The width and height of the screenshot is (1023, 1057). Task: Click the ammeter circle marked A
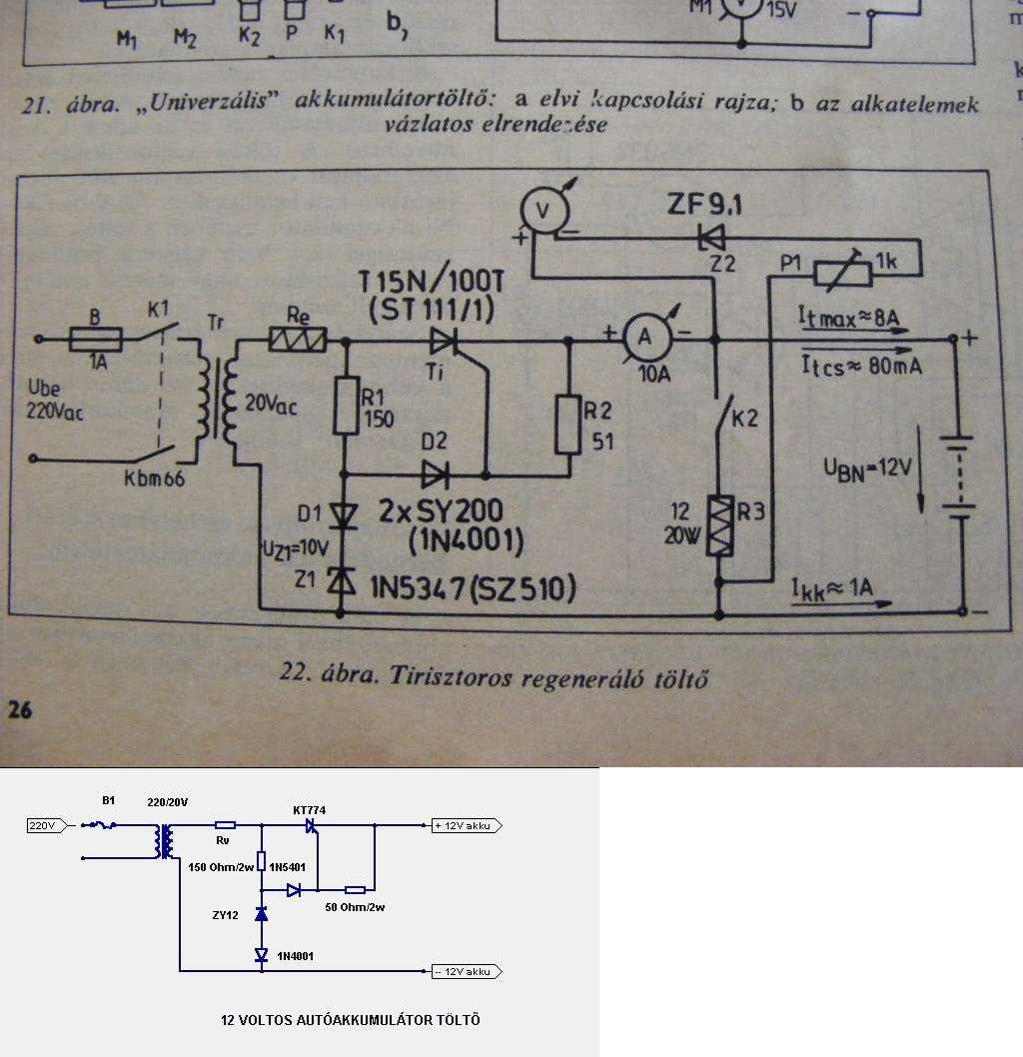tap(644, 339)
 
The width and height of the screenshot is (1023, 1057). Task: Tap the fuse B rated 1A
tap(96, 340)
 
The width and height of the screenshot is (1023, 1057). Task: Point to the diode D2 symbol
tap(437, 471)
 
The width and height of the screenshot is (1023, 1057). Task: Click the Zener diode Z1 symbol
tap(345, 579)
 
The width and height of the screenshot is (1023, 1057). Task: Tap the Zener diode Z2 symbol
tap(712, 237)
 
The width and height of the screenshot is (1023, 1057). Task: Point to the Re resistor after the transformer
tap(299, 340)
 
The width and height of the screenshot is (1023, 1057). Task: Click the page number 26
tap(21, 710)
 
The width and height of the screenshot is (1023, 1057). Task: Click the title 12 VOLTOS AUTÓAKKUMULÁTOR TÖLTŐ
tap(351, 1020)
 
